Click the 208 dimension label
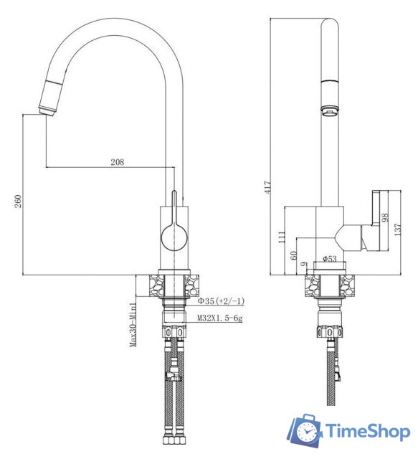click(117, 162)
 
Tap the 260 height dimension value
click(18, 201)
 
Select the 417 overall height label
click(267, 186)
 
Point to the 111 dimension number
click(281, 237)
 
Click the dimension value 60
click(293, 255)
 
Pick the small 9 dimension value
click(305, 264)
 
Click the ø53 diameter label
click(330, 259)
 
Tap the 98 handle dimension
click(385, 217)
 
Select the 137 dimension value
click(397, 229)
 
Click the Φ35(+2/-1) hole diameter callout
click(221, 301)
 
